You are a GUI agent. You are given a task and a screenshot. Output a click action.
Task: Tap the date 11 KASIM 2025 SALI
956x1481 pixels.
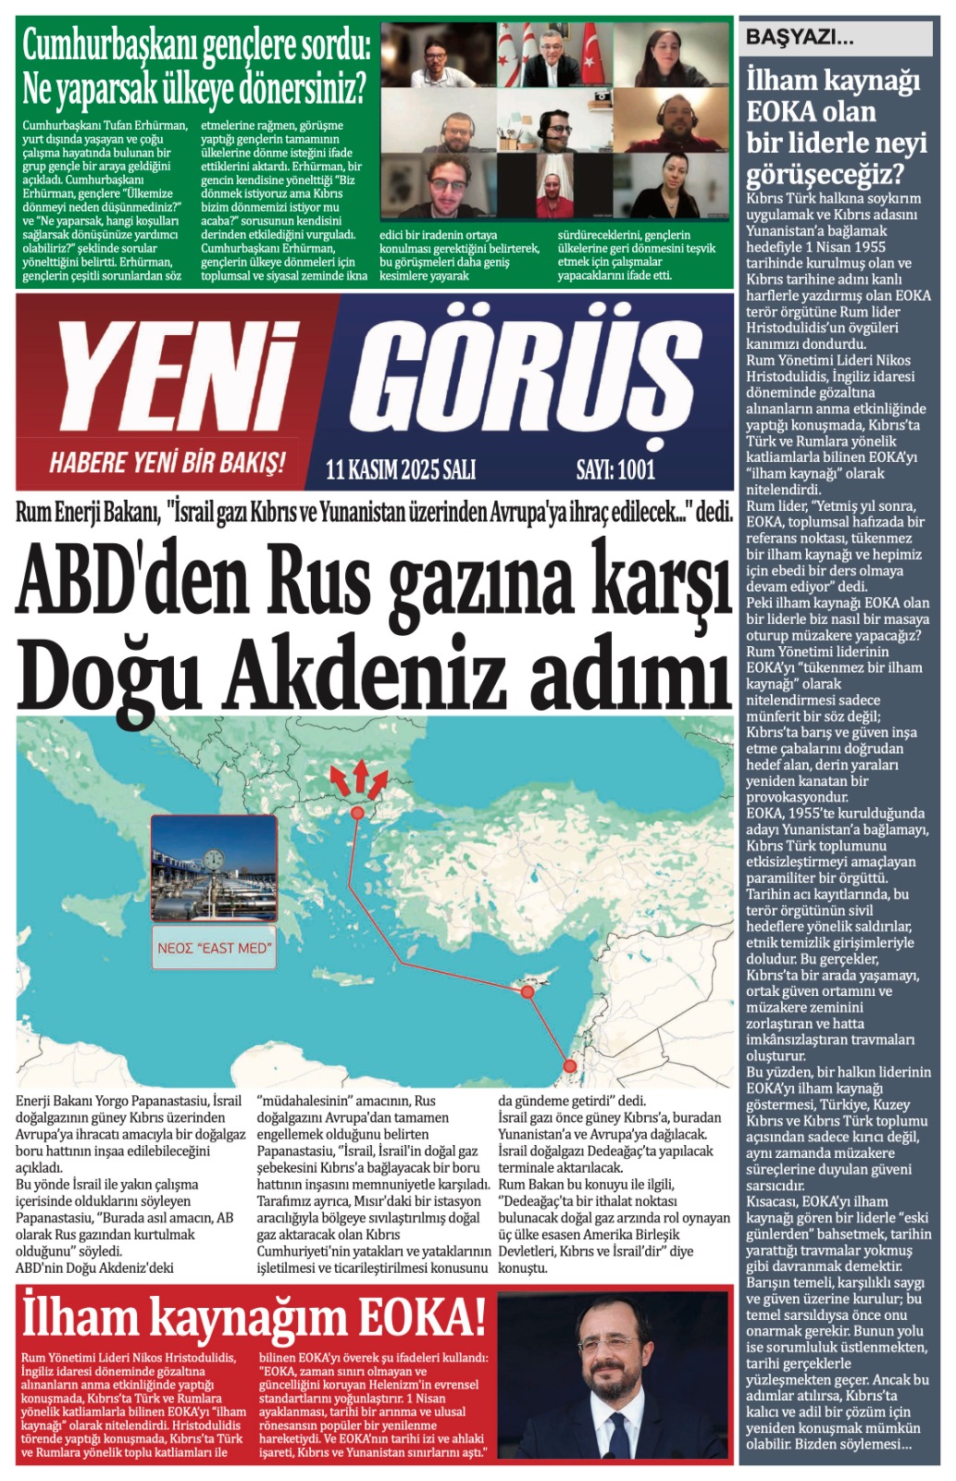tap(401, 470)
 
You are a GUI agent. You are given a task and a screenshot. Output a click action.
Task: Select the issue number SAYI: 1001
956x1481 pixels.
tap(615, 470)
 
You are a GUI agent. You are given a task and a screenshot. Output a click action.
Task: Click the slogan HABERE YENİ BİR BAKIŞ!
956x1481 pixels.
tap(167, 463)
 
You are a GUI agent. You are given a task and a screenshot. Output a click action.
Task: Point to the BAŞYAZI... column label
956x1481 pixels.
tap(800, 38)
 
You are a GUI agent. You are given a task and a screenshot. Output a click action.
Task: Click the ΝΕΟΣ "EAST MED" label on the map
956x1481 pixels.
tap(215, 948)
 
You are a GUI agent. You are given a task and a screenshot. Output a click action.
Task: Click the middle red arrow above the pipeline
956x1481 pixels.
tap(361, 776)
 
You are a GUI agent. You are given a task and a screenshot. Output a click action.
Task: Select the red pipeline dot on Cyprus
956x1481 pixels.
tap(527, 991)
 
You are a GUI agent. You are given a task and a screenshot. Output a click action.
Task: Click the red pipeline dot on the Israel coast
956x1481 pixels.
tap(570, 1065)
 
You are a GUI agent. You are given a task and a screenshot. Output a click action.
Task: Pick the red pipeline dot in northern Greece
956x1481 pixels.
tap(357, 813)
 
